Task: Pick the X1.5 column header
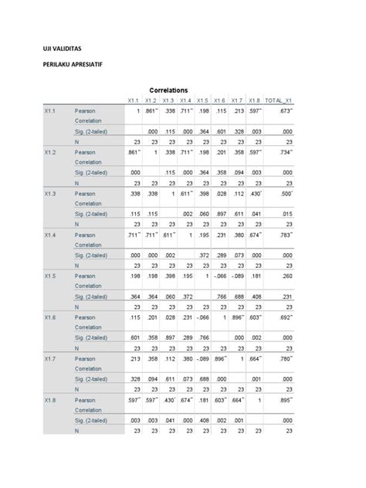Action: point(203,101)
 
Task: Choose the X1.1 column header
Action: point(134,101)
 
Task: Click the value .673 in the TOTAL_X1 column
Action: point(286,111)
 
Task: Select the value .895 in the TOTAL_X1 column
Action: point(286,400)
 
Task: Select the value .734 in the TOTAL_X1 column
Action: point(286,153)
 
